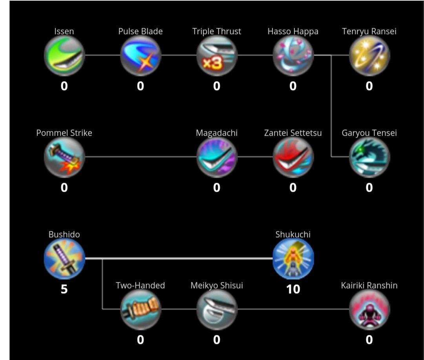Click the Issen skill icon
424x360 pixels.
(64, 56)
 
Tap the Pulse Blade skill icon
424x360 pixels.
(141, 56)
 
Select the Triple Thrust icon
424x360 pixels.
(217, 56)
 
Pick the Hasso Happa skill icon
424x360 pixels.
(293, 56)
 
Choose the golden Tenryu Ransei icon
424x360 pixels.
(369, 56)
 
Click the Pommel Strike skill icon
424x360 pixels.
(64, 157)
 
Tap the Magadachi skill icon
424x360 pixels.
(217, 157)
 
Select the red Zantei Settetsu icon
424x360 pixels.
(293, 157)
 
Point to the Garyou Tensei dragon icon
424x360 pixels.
(369, 157)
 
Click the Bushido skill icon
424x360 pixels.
(64, 259)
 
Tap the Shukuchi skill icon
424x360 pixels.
(293, 259)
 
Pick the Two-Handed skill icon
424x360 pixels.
(141, 310)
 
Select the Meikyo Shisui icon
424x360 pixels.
(217, 310)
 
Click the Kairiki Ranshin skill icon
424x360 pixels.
(369, 310)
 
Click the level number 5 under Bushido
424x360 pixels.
(64, 289)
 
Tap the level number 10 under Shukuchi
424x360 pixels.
(293, 289)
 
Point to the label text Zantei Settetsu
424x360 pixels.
(293, 133)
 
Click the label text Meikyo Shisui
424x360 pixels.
(217, 285)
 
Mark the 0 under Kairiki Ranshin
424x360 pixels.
(369, 340)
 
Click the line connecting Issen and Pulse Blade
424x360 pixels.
(102, 55)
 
